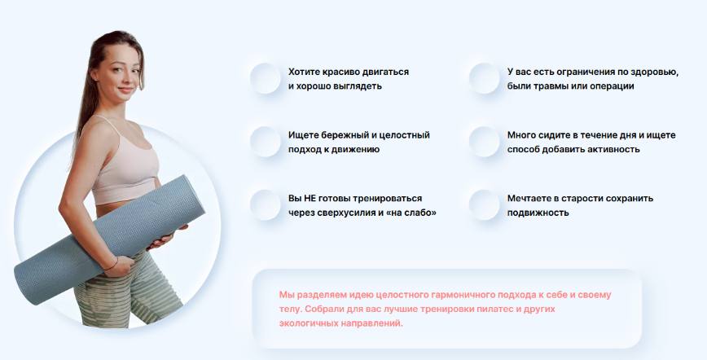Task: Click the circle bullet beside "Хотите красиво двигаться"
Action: pyautogui.click(x=266, y=79)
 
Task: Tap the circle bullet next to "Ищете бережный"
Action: pyautogui.click(x=266, y=142)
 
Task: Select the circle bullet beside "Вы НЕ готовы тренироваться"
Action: pyautogui.click(x=266, y=205)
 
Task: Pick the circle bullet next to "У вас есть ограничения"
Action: pyautogui.click(x=484, y=79)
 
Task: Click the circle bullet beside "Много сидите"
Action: pyautogui.click(x=484, y=142)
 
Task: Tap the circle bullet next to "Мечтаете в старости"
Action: pyautogui.click(x=484, y=205)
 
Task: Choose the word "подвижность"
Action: pyautogui.click(x=538, y=213)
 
